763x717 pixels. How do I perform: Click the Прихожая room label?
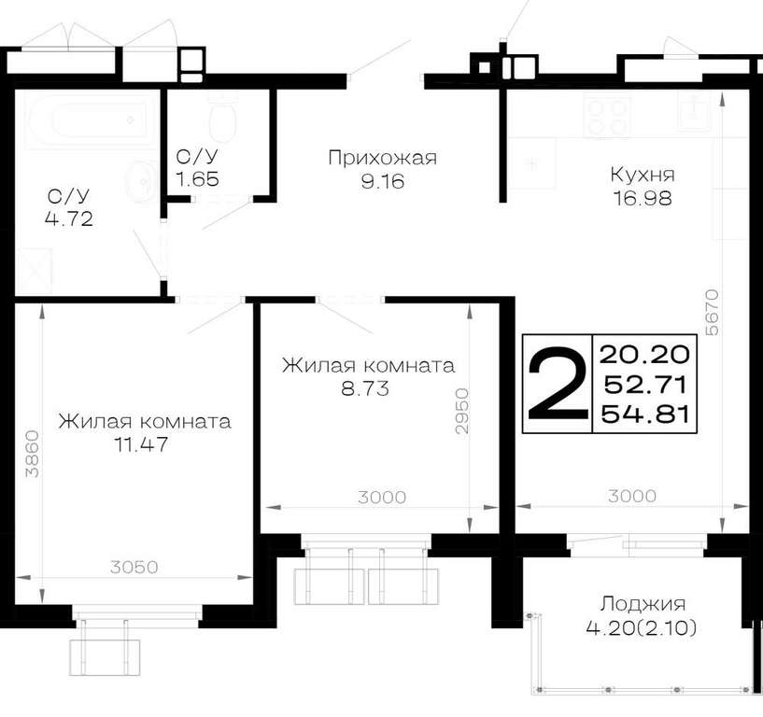coord(383,159)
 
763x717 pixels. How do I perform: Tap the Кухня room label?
coord(643,175)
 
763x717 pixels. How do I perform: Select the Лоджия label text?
coord(643,605)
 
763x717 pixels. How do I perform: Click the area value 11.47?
coord(141,444)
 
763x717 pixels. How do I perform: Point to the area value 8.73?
coord(365,388)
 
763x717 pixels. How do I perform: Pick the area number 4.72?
coord(68,218)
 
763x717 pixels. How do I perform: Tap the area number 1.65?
coord(197,179)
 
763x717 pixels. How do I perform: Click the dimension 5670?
coord(712,312)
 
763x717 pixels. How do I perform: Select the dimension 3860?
coord(32,454)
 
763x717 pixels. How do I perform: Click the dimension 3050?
coord(134,567)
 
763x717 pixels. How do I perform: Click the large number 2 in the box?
coord(558,384)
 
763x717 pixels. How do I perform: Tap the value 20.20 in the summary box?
coord(644,354)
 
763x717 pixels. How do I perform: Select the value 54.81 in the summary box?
coord(644,415)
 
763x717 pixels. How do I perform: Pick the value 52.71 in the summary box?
coord(644,385)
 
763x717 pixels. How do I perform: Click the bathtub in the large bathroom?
coord(88,120)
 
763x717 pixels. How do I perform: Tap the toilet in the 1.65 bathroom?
coord(223,115)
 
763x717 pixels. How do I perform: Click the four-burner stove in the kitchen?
coord(608,117)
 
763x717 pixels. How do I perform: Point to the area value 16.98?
coord(643,199)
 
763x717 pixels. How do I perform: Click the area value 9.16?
coord(383,182)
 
